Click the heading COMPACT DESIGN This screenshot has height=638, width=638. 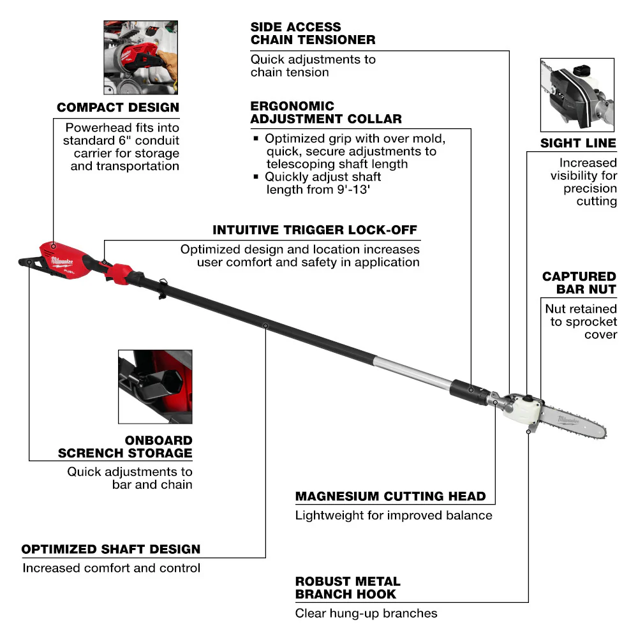pyautogui.click(x=118, y=107)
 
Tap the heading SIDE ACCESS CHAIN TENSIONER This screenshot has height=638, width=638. pyautogui.click(x=313, y=33)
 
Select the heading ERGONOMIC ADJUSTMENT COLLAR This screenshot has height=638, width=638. pyautogui.click(x=326, y=112)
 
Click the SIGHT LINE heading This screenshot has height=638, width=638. pyautogui.click(x=578, y=143)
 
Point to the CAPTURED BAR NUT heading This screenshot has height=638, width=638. pyautogui.click(x=579, y=283)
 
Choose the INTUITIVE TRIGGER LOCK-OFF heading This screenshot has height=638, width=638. pyautogui.click(x=316, y=230)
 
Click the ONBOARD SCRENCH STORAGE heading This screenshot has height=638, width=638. pyautogui.click(x=125, y=447)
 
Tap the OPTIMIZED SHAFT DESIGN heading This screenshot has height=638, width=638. pyautogui.click(x=111, y=549)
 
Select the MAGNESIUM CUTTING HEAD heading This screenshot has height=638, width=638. pyautogui.click(x=390, y=496)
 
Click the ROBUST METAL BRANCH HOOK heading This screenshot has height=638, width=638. pyautogui.click(x=348, y=588)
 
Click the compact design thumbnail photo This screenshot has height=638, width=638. pyautogui.click(x=141, y=57)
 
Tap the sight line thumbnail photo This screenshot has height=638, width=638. pyautogui.click(x=577, y=94)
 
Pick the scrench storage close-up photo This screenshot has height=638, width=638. pyautogui.click(x=155, y=386)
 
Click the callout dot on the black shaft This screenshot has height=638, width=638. pyautogui.click(x=265, y=325)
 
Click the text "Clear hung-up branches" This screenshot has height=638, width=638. pyautogui.click(x=366, y=613)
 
